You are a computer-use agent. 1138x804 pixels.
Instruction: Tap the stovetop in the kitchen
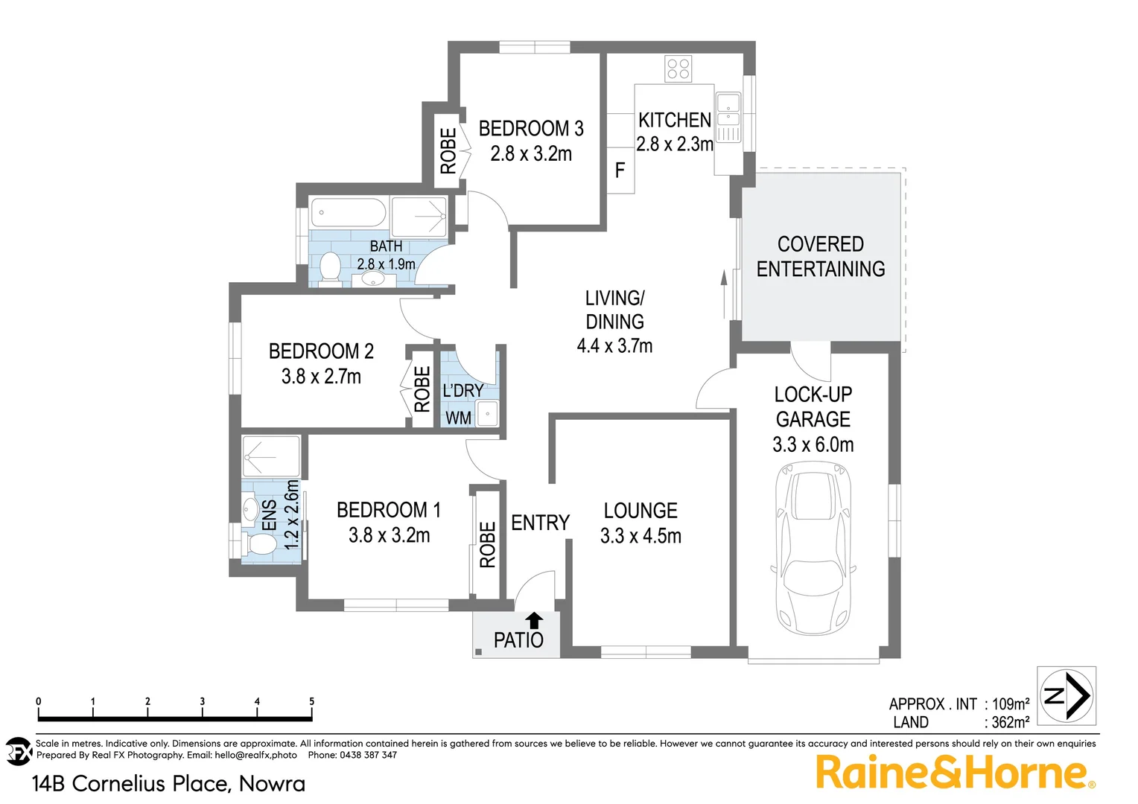pos(678,69)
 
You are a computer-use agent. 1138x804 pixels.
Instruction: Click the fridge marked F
pos(620,171)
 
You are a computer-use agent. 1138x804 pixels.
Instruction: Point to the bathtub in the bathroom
pos(348,213)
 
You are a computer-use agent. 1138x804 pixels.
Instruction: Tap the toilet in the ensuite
pos(260,543)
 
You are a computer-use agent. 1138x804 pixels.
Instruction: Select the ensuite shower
pos(270,456)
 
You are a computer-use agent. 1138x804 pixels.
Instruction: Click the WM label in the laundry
pos(458,418)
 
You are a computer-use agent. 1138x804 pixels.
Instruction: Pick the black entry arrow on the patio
pos(534,619)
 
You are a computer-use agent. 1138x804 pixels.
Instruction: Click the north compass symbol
pos(1067,696)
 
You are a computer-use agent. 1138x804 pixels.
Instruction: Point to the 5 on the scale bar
pos(311,701)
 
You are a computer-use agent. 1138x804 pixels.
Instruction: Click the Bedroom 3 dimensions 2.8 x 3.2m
pos(531,154)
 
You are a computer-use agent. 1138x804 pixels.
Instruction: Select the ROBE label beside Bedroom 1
pos(487,544)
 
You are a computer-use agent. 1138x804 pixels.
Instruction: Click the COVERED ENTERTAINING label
pos(821,257)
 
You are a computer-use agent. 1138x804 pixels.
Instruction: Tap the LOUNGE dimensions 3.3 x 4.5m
pos(640,536)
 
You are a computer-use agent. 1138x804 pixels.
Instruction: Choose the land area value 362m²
pos(1010,722)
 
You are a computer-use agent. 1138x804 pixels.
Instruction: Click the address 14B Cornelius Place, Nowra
pos(168,783)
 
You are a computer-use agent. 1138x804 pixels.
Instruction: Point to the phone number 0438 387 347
pos(368,755)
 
